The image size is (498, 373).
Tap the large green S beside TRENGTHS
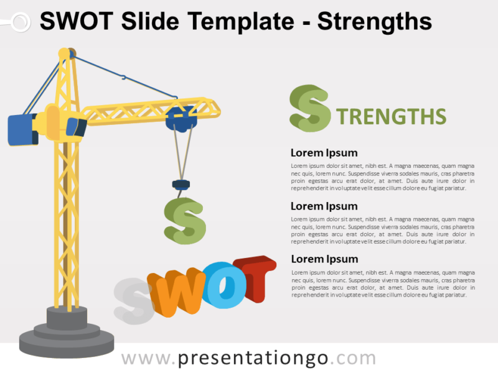[309, 109]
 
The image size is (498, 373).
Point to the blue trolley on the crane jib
[181, 118]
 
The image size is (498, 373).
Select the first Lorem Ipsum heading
[324, 153]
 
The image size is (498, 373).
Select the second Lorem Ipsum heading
[324, 206]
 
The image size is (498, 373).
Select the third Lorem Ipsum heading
[324, 259]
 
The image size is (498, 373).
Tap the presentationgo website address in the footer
[248, 358]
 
